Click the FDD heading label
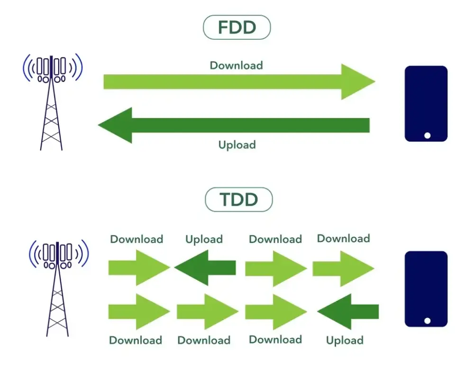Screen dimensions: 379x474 pos(237,28)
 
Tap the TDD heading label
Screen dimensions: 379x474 pos(238,200)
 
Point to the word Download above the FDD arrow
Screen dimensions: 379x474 pos(236,65)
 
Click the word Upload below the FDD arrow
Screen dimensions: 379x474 pos(237,144)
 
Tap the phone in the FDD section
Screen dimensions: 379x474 pos(426,104)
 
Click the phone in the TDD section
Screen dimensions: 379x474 pos(426,289)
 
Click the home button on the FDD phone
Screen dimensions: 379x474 pos(427,135)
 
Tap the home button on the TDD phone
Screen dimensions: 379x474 pos(427,321)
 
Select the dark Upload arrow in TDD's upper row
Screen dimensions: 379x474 pos(205,268)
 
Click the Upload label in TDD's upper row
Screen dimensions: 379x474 pos(204,239)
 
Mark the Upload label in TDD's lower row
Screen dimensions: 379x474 pos(345,340)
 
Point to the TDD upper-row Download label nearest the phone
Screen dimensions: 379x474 pos(343,238)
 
